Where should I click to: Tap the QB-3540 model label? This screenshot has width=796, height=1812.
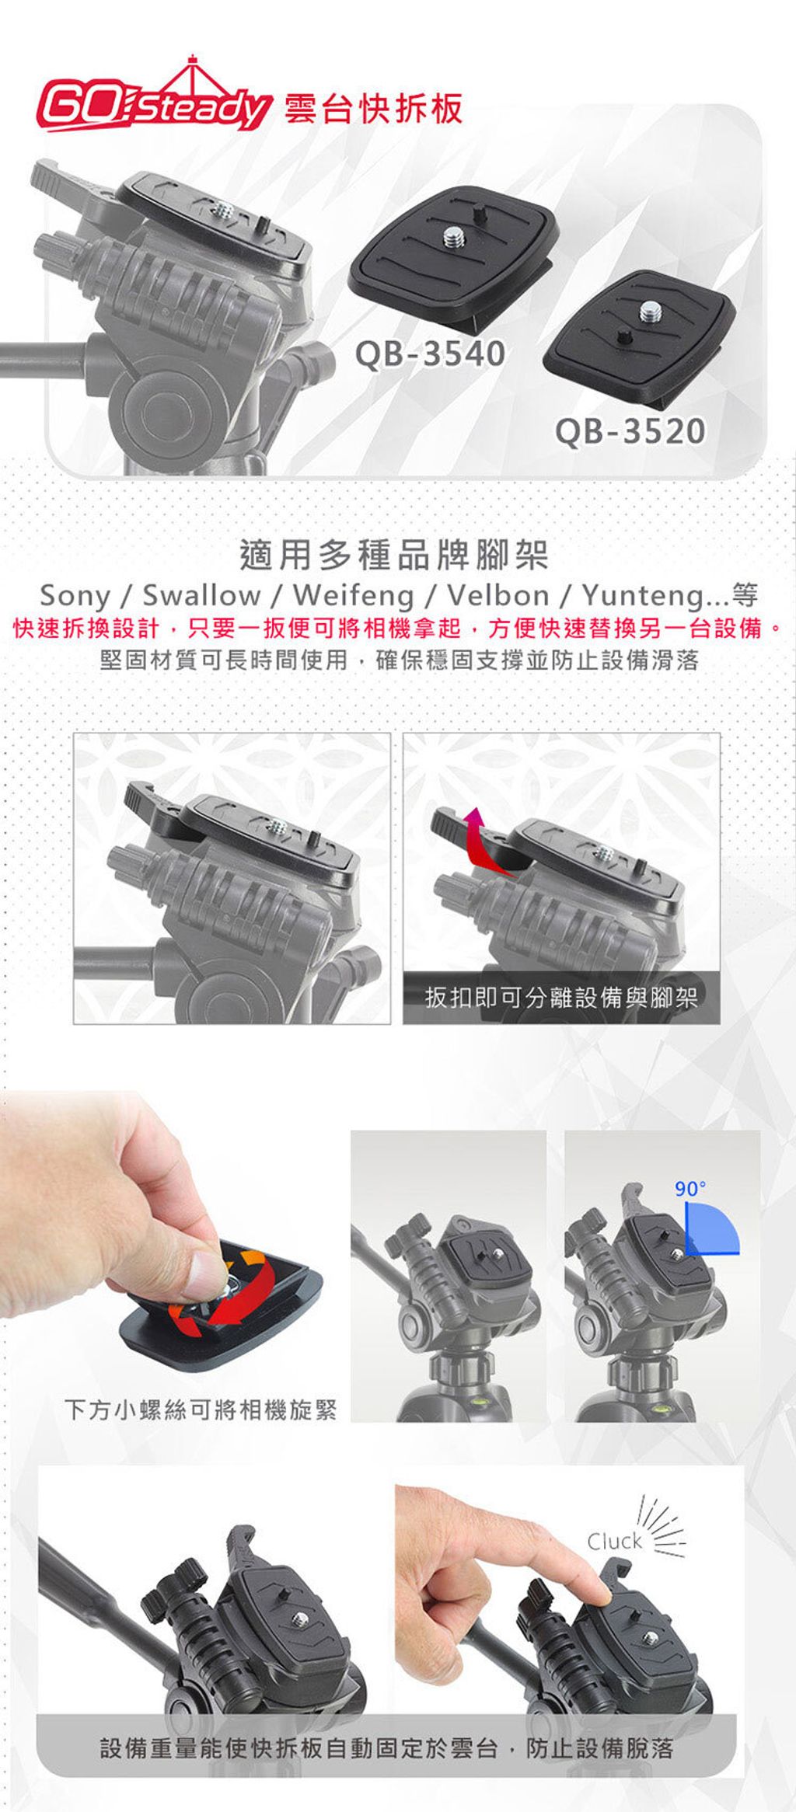click(430, 354)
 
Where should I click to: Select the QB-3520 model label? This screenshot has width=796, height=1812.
click(630, 432)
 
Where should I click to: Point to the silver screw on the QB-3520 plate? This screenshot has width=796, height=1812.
click(651, 312)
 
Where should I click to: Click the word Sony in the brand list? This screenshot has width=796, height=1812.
click(75, 596)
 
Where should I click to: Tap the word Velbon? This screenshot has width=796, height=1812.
click(498, 596)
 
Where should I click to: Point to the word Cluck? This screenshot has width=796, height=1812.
click(614, 1541)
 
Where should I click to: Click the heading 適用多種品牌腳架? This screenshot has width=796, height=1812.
click(395, 553)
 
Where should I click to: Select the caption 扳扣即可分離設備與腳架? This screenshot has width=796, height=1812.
click(561, 997)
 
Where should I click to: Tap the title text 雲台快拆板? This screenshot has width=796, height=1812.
click(374, 108)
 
